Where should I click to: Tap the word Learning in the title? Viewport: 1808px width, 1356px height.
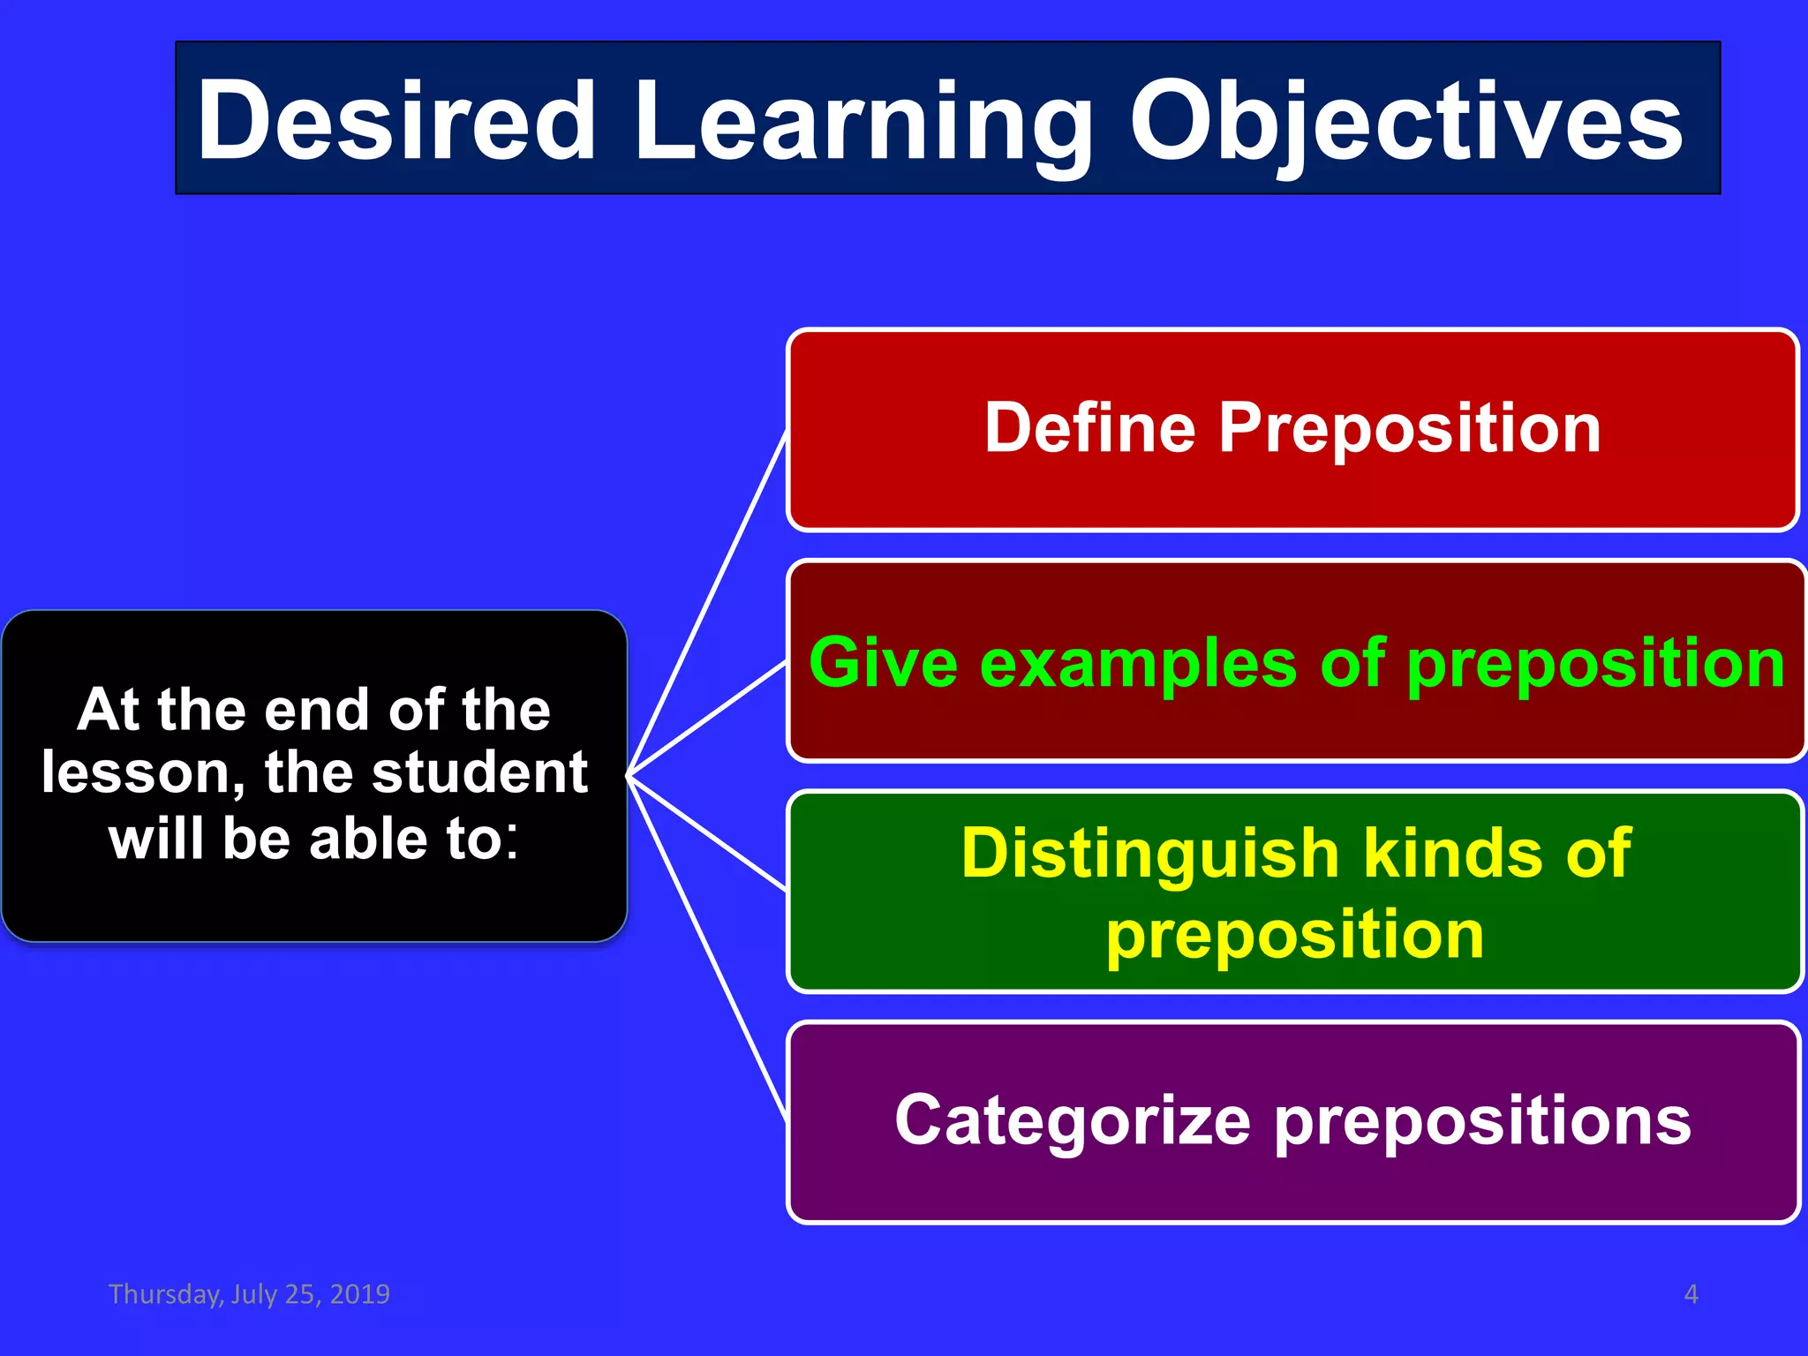[x=862, y=122]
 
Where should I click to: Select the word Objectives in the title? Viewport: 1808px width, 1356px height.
[x=1405, y=122]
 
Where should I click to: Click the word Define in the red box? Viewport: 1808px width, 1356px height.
[x=1089, y=427]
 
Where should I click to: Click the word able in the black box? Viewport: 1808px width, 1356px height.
[x=370, y=839]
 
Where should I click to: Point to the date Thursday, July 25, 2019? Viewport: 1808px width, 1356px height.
[x=249, y=1293]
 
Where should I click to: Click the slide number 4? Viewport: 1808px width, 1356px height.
[x=1691, y=1294]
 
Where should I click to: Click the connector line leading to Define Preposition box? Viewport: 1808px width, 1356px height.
[x=706, y=605]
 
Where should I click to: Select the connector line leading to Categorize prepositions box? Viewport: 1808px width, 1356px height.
[x=706, y=949]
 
